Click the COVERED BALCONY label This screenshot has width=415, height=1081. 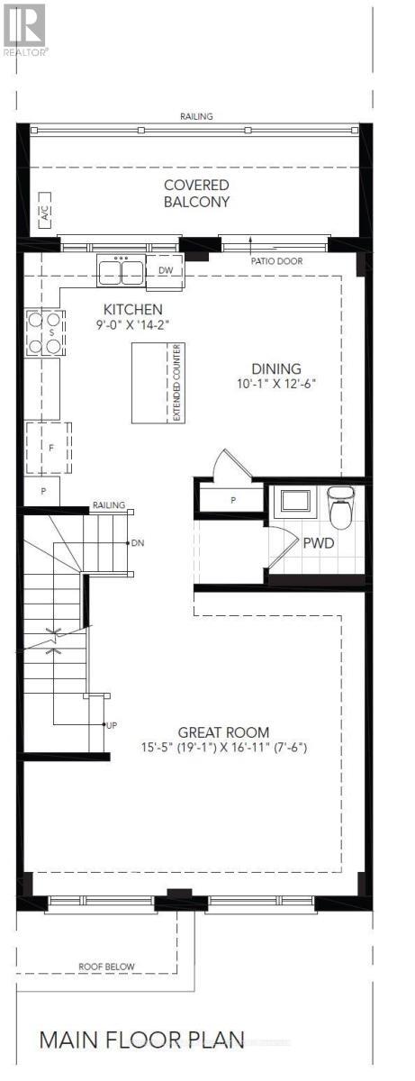196,194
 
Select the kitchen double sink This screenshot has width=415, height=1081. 121,270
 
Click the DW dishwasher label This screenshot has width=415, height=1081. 165,270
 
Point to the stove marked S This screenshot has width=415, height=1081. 44,332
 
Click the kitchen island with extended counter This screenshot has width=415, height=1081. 158,382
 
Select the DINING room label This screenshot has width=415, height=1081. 275,368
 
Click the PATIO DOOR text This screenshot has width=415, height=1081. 277,261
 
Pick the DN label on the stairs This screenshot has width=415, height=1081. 138,543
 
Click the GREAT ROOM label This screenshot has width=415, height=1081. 223,732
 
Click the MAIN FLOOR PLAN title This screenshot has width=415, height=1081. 141,1040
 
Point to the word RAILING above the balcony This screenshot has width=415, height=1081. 195,116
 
